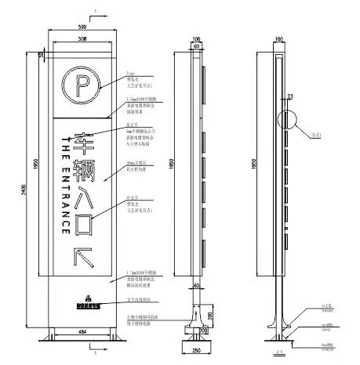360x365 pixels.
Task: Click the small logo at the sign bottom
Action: click(82, 298)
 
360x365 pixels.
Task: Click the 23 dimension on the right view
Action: click(289, 96)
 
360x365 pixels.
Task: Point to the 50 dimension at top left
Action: click(40, 54)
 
